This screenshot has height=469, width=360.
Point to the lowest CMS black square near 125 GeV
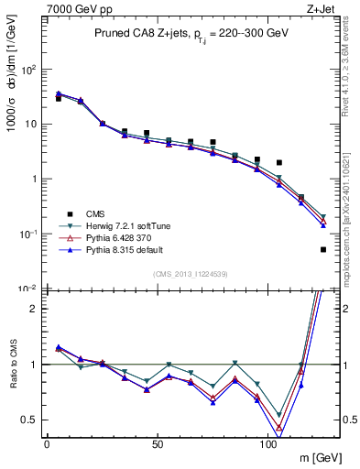[323, 249]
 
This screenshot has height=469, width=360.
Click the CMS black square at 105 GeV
[279, 162]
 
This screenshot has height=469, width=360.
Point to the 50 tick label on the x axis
[158, 443]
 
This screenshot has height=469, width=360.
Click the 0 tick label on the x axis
[47, 443]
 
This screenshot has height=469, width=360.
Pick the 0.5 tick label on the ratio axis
[31, 420]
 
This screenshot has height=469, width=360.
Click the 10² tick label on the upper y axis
[29, 69]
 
